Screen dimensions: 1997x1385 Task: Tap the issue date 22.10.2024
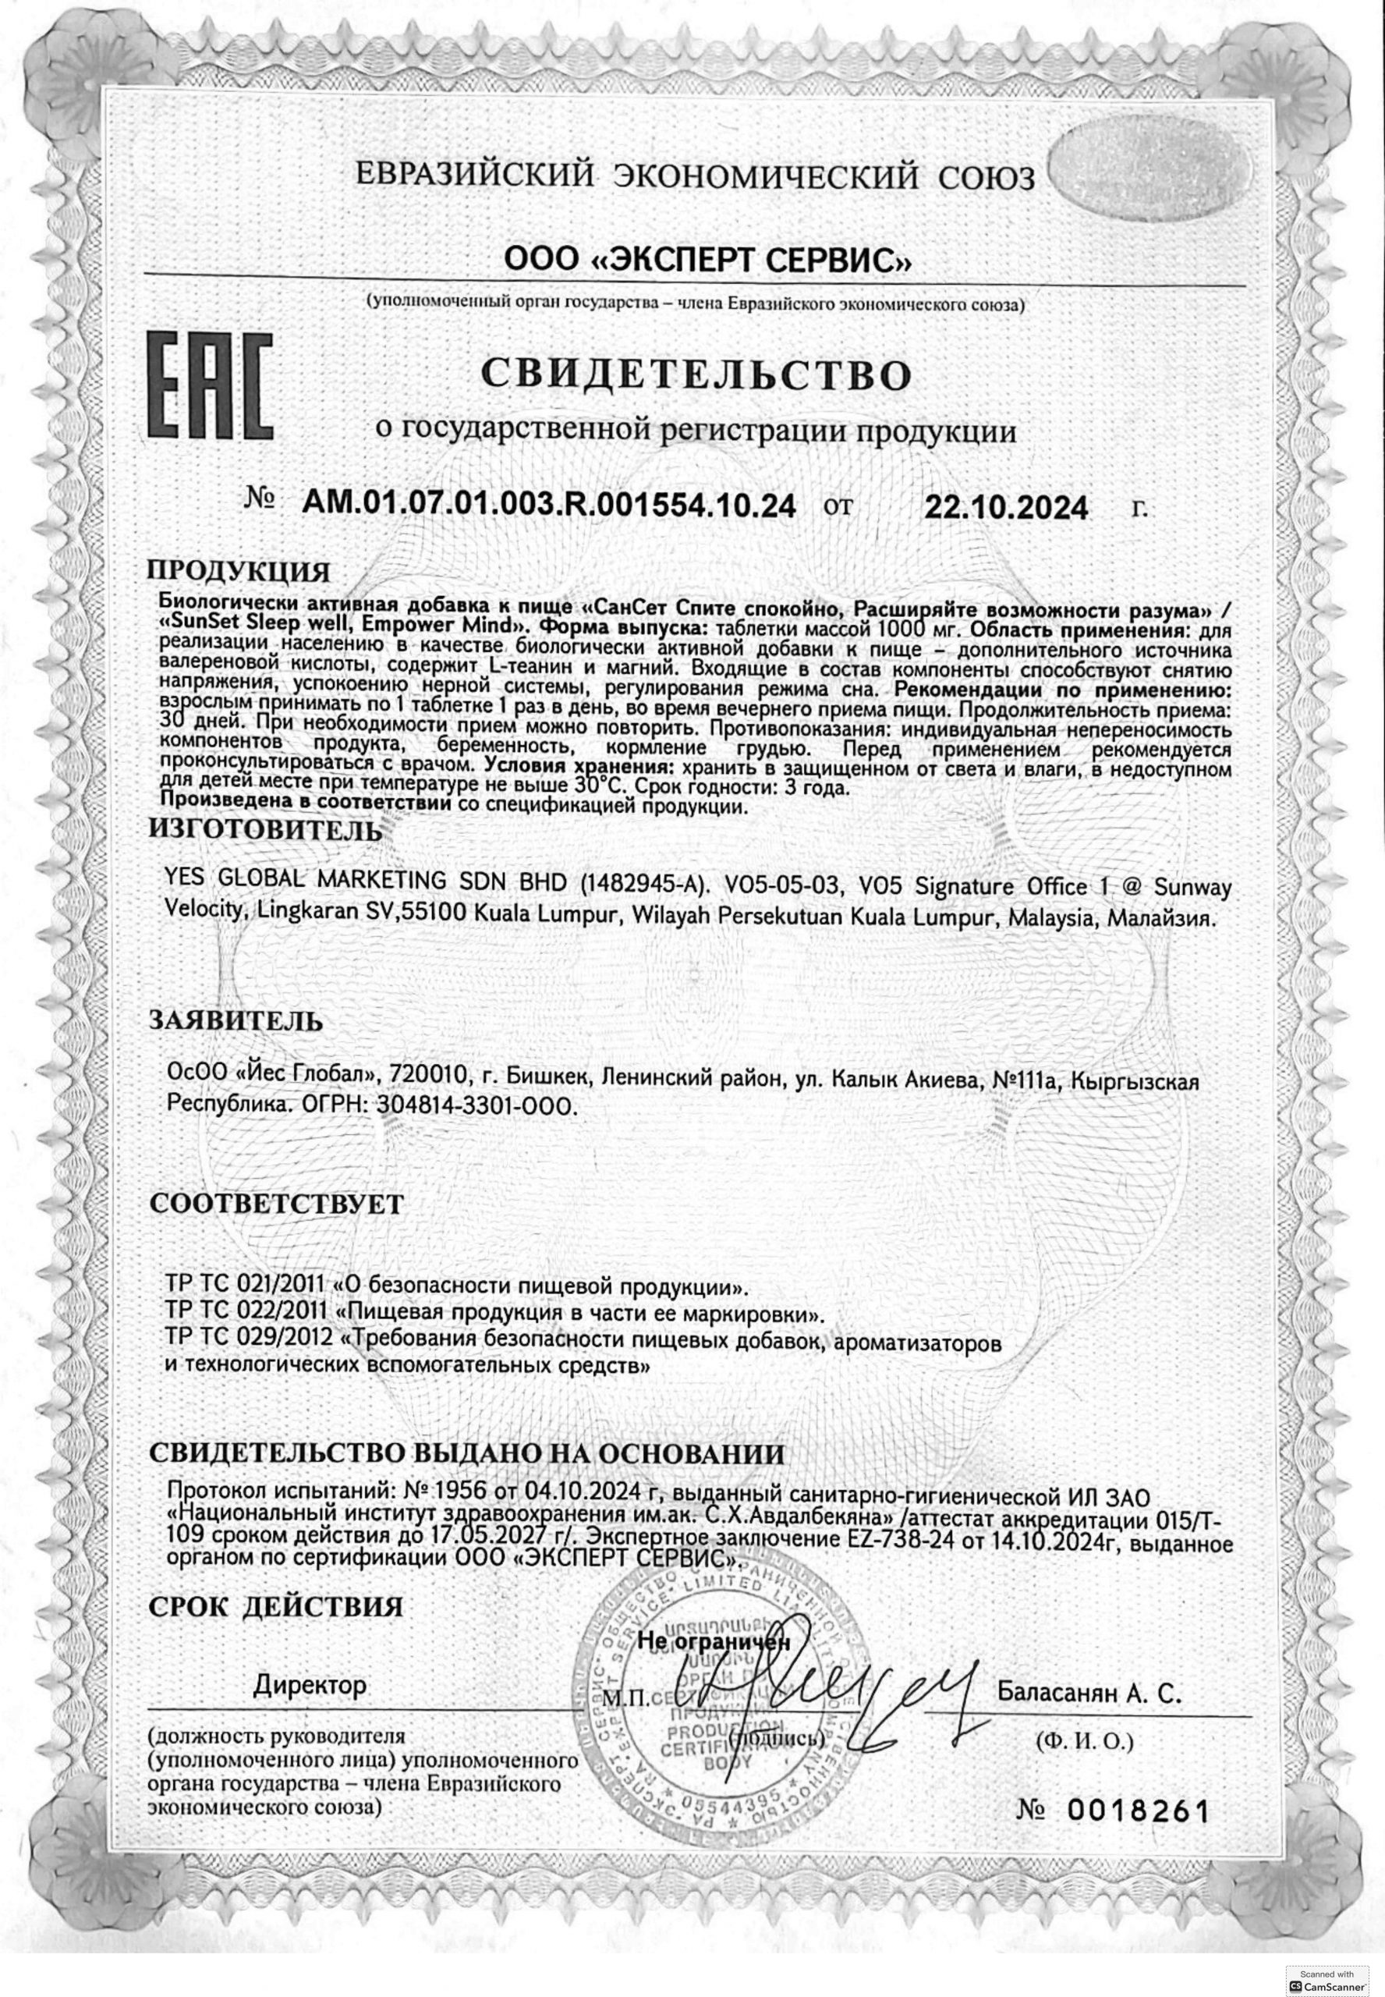1006,507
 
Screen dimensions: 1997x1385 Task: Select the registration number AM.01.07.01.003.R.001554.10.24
548,503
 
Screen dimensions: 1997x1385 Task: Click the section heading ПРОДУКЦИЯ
239,573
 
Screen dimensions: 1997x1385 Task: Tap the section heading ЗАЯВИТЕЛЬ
236,1020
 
